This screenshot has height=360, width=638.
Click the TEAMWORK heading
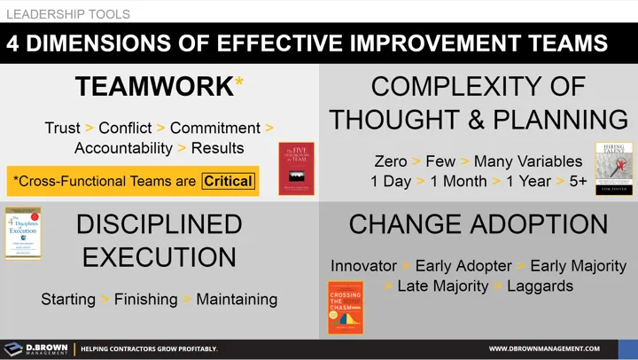153,87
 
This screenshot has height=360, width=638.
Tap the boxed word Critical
228,181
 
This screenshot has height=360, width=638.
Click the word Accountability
123,148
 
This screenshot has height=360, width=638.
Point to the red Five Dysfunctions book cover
296,168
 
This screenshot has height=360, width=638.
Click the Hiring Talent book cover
613,168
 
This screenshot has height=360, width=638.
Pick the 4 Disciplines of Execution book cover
23,233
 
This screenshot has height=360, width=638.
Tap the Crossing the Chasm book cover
346,307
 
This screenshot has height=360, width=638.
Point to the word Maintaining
237,299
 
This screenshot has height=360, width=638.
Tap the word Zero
390,161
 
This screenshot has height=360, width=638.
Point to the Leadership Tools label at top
68,14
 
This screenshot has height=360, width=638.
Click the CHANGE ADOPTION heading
478,224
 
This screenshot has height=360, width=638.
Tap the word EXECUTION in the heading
159,256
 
